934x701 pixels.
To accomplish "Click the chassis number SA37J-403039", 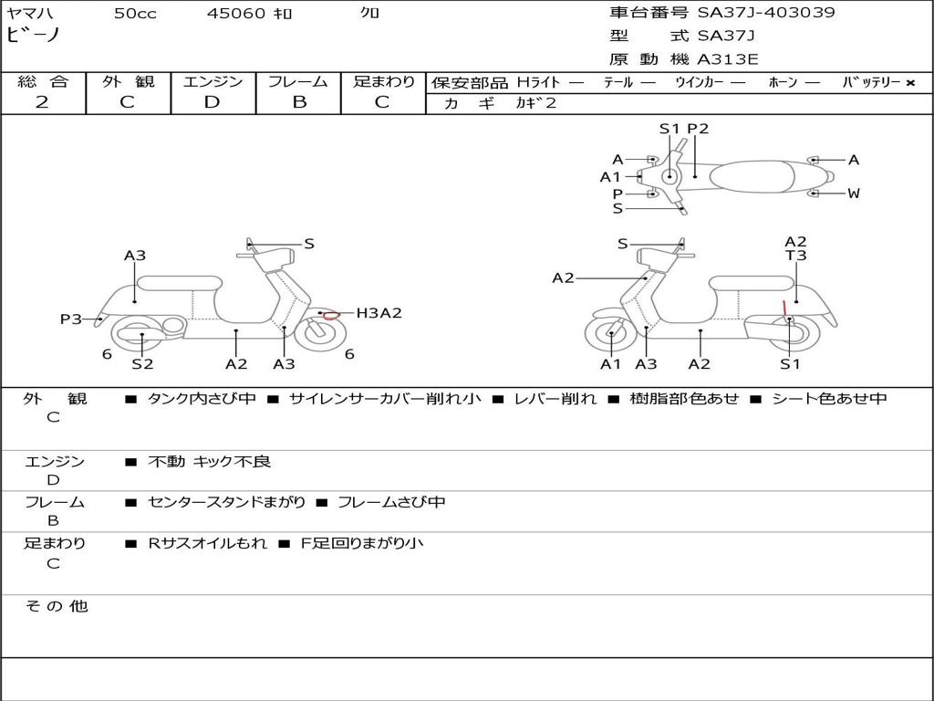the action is pos(766,13).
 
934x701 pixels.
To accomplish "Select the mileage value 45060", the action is pos(236,14).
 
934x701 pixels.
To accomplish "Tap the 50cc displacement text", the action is pos(135,14).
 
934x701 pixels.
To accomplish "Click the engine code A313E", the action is pos(728,60).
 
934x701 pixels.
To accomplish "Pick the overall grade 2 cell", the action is pos(42,102).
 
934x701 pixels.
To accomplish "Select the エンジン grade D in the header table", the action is pos(213,102).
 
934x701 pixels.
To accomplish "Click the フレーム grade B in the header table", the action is pos(298,102).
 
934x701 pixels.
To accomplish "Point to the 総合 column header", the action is pos(42,81).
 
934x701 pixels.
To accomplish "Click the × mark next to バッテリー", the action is pos(910,83).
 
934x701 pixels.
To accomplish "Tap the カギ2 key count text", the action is pos(536,103).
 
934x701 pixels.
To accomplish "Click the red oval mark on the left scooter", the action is pos(331,315).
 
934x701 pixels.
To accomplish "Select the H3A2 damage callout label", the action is pos(379,313).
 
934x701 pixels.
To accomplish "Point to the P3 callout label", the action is pos(71,319).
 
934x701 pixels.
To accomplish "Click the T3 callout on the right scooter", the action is pos(796,256).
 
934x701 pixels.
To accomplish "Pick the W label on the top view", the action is pos(854,194).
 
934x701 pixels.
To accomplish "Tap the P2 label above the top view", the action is pos(698,129).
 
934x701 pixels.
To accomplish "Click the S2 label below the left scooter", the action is pos(142,364).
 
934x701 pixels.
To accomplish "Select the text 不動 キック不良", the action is pos(210,462).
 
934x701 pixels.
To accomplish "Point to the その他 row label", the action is pos(57,606).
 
